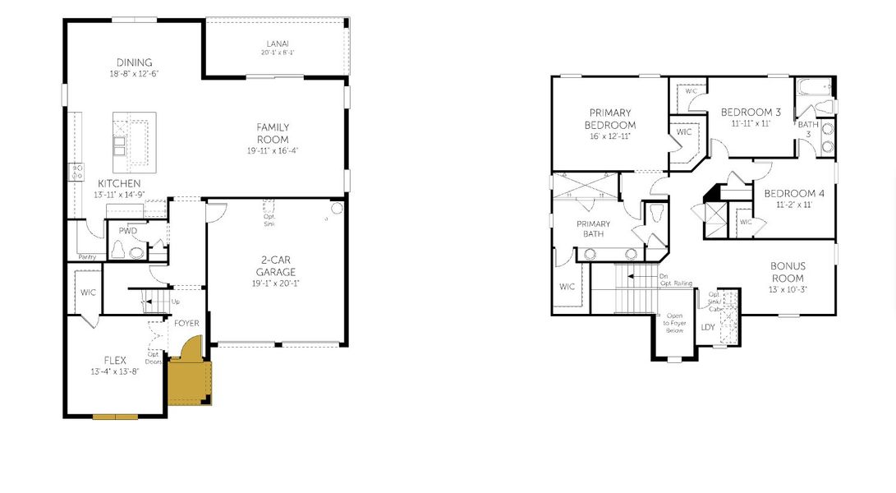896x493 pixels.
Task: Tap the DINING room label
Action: click(x=134, y=62)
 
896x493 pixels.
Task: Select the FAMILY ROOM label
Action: click(x=273, y=133)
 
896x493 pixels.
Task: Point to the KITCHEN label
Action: click(x=119, y=182)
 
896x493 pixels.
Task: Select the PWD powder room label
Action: click(x=127, y=231)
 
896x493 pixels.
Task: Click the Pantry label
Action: click(x=87, y=257)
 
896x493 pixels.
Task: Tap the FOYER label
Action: click(x=186, y=323)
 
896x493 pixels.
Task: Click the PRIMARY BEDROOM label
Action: click(x=610, y=118)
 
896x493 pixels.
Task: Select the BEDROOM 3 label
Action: click(x=751, y=112)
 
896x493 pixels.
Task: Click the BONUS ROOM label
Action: click(x=788, y=272)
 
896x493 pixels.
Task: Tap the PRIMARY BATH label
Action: click(x=594, y=228)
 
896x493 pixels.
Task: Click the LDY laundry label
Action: click(x=708, y=327)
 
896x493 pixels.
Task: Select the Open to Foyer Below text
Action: click(x=674, y=323)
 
